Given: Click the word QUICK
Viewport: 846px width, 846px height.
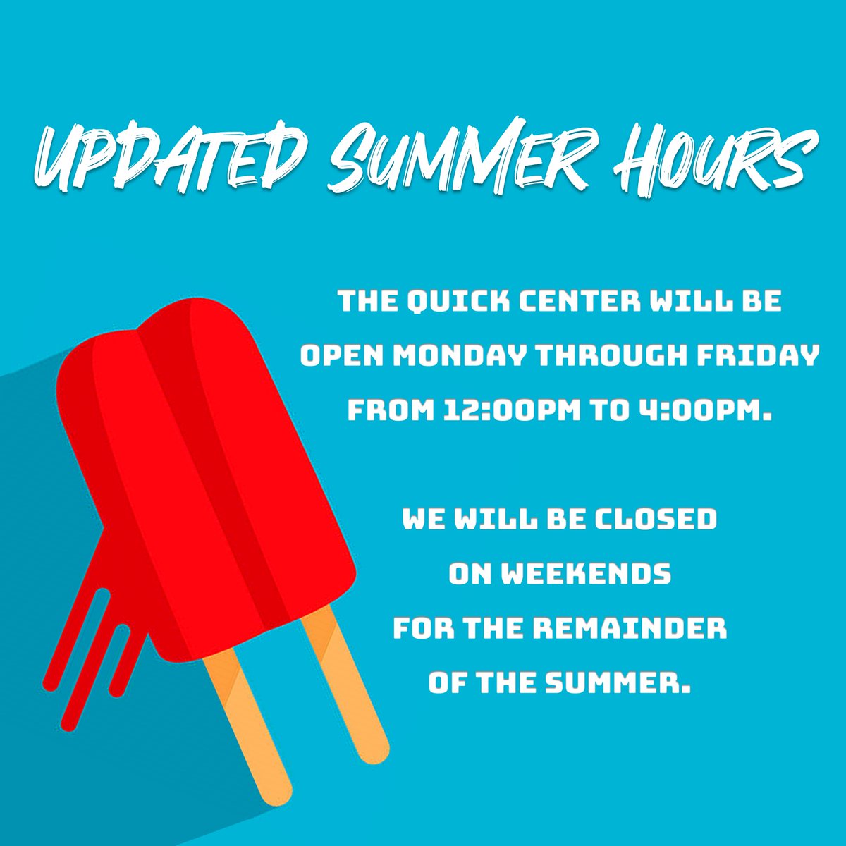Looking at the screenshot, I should click(447, 302).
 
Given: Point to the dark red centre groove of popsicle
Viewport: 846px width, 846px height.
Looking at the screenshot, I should click(211, 458).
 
